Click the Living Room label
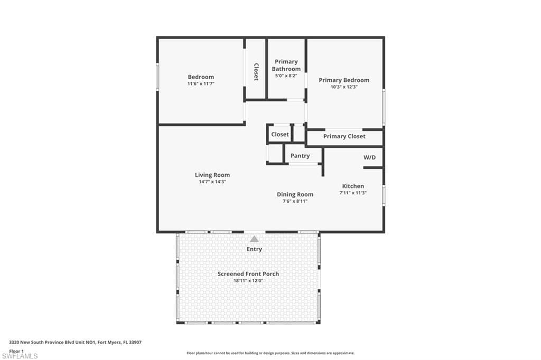tap(212, 175)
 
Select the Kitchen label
tap(353, 186)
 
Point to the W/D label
tap(370, 157)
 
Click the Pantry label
tap(300, 156)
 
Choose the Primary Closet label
tap(344, 136)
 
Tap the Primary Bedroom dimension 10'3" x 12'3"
tap(344, 87)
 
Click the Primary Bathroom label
tap(286, 65)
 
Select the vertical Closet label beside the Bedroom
tap(256, 72)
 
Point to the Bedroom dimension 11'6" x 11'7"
tap(201, 84)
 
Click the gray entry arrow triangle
tap(255, 239)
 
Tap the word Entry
tap(254, 249)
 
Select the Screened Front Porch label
tap(248, 274)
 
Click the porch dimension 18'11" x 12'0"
tap(248, 281)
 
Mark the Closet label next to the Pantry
tap(279, 134)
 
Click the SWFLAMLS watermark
tap(20, 356)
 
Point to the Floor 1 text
tap(16, 351)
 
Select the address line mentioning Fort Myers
tap(75, 343)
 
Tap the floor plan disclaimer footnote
tap(270, 353)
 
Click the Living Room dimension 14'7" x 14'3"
tap(212, 182)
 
